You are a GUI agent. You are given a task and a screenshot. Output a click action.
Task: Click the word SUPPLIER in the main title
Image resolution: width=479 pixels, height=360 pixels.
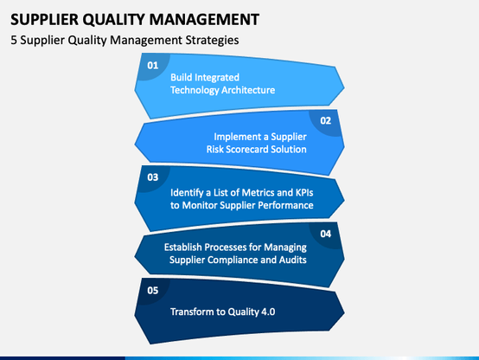(x=45, y=20)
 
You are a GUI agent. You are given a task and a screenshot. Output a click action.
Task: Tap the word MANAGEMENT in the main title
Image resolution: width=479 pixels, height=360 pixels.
(x=204, y=20)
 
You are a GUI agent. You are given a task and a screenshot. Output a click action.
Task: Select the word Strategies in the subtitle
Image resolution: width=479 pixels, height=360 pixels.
(x=213, y=41)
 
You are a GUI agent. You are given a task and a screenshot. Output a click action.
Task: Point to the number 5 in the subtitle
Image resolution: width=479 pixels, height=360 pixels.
(x=14, y=40)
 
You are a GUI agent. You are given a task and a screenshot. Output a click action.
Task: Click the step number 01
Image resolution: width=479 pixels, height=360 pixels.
(x=153, y=65)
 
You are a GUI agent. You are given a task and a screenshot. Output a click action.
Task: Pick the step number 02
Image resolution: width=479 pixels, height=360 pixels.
(x=326, y=120)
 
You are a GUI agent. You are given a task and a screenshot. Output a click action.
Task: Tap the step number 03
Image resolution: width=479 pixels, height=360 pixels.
(x=153, y=177)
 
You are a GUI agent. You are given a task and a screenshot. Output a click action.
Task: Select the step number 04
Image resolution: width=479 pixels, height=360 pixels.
(x=326, y=234)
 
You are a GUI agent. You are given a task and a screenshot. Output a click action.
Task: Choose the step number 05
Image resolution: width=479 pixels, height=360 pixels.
(x=153, y=290)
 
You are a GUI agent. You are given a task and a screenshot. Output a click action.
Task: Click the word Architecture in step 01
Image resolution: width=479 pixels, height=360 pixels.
(x=248, y=90)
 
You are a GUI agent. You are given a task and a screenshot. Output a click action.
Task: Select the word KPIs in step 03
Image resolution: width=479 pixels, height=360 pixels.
(x=304, y=193)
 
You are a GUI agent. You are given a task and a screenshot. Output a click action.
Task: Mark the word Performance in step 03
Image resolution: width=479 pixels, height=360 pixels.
(x=284, y=205)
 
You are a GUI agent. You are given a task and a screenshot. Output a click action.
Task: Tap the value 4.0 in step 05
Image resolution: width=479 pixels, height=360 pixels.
(x=268, y=312)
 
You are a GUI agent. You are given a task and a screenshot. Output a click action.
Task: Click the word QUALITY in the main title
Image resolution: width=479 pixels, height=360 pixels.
(x=114, y=20)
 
